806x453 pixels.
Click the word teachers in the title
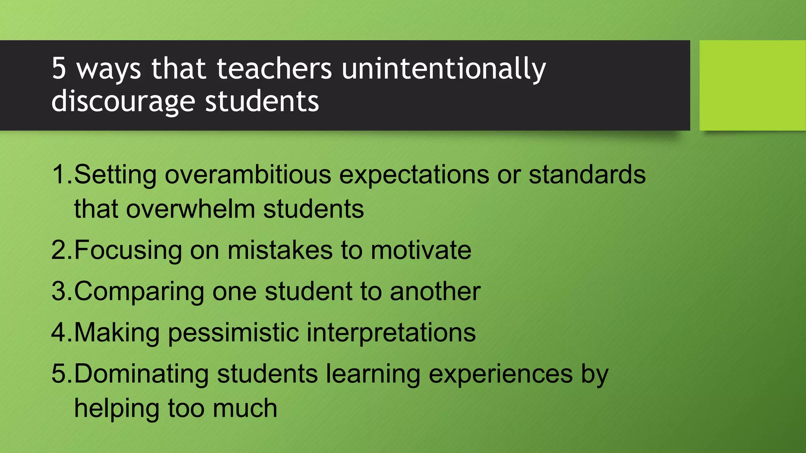tap(274, 68)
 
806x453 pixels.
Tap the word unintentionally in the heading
tap(444, 69)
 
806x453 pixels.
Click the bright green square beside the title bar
tap(752, 85)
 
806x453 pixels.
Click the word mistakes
tap(280, 250)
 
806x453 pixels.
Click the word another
tap(435, 291)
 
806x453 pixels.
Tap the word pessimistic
tap(233, 333)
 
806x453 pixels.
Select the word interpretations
tap(391, 333)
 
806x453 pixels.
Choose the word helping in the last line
tap(116, 409)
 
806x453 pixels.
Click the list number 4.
tap(59, 333)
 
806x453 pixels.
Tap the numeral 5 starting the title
tap(59, 68)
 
